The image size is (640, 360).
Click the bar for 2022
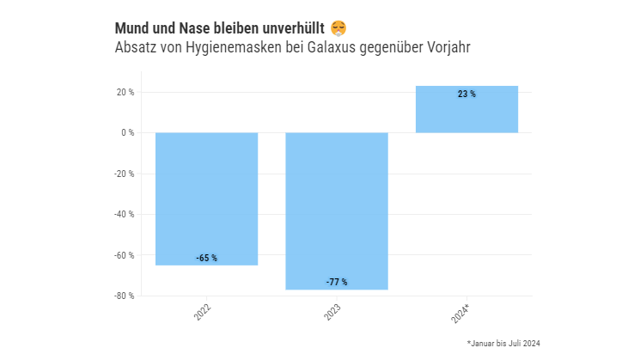pos(206,198)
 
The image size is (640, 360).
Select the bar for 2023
pos(337,211)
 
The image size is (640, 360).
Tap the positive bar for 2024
pos(466,109)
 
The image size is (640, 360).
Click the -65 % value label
pos(206,258)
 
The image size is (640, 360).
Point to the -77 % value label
pos(337,282)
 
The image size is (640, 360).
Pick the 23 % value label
pos(466,95)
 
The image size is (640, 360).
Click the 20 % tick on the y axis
pos(125,92)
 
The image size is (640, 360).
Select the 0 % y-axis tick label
pos(127,133)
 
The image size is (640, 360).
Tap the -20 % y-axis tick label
pos(125,174)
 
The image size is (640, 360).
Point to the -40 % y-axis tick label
pos(125,214)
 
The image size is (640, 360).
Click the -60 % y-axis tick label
pos(125,255)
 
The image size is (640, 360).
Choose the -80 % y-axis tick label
pos(125,296)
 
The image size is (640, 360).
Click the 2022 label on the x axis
pos(204,311)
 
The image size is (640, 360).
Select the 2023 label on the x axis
pos(333,311)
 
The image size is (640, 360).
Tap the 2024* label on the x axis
pos(461,313)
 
